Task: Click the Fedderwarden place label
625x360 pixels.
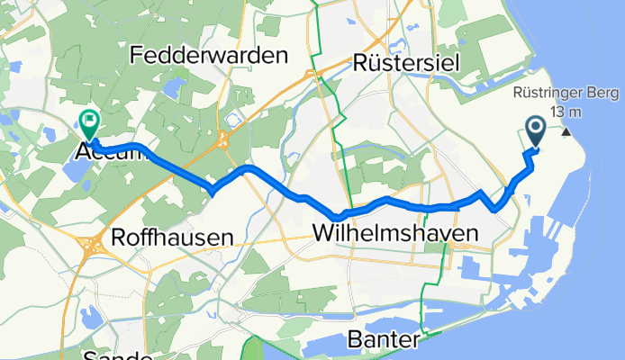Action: pos(209,56)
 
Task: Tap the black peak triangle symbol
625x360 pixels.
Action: pos(566,132)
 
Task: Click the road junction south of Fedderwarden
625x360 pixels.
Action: pos(222,139)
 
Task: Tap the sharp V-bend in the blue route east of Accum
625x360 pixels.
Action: pos(213,188)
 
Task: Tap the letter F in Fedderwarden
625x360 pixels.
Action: pos(136,56)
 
